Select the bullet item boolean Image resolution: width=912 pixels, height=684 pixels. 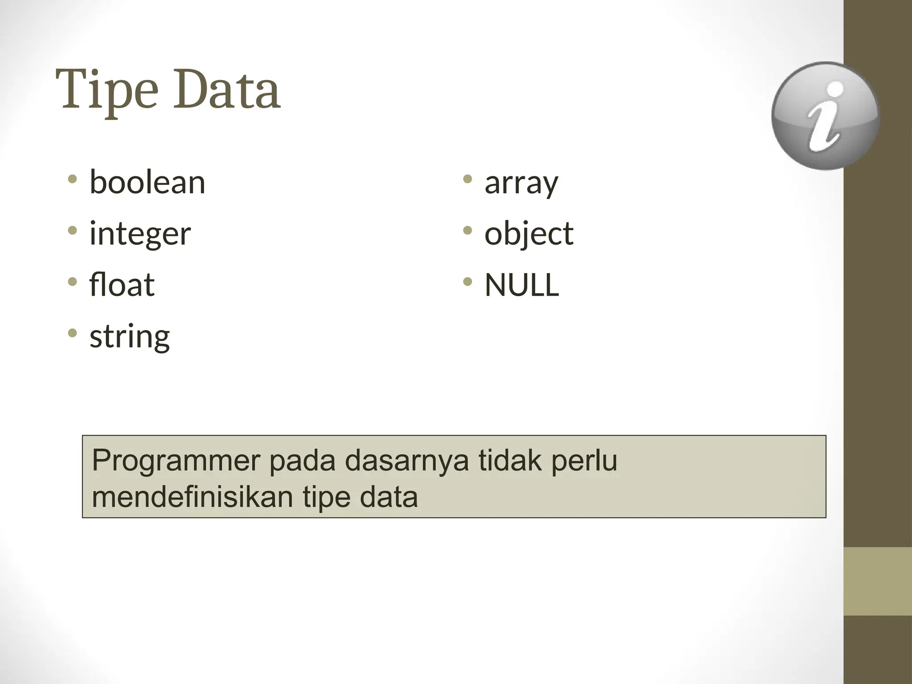point(147,183)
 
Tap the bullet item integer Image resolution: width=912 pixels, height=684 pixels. point(140,234)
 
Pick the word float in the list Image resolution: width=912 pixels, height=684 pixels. point(122,285)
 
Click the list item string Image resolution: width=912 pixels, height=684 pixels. point(130,337)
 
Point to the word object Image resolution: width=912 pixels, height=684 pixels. point(529,234)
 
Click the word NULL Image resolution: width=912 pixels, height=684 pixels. point(521,285)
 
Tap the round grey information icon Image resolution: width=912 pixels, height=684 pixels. point(825,116)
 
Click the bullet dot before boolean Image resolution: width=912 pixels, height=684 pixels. point(72,179)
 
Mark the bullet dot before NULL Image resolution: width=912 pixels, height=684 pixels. point(467,281)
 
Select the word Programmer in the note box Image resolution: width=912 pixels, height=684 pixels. point(175,461)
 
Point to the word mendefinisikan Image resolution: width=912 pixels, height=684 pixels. point(192,497)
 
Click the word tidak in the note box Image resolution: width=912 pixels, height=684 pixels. point(510,461)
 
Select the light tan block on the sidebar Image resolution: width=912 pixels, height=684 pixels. point(877,581)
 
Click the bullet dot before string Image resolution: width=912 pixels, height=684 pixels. point(72,333)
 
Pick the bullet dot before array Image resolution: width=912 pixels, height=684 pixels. point(467,179)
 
